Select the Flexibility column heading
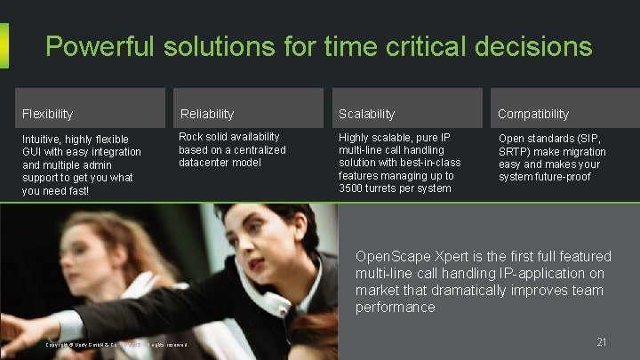click(x=47, y=114)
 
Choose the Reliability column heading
click(x=206, y=114)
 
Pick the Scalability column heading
click(x=366, y=114)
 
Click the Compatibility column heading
click(x=532, y=114)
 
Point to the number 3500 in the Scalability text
click(x=354, y=188)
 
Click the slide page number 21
click(x=602, y=342)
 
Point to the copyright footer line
click(x=116, y=345)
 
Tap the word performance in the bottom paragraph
click(x=395, y=308)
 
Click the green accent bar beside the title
click(x=4, y=45)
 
